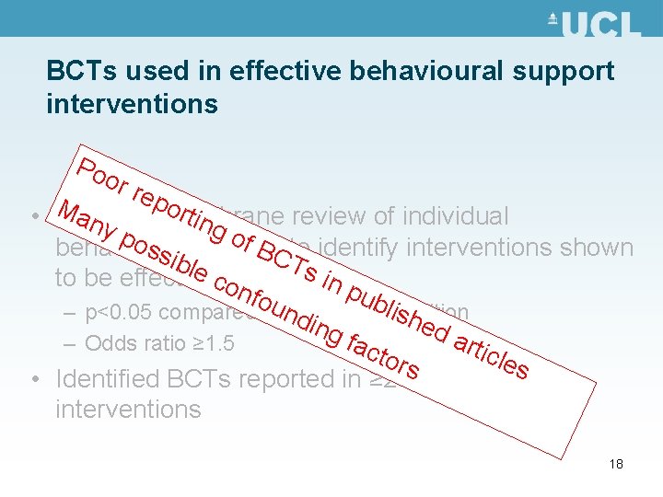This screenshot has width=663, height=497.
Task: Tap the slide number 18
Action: [616, 464]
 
